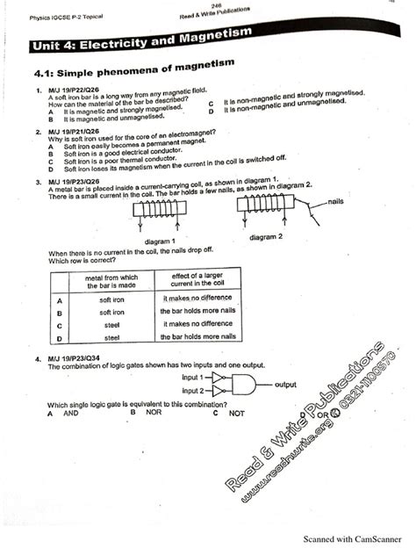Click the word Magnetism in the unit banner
(x=208, y=33)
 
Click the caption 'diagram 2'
(x=270, y=237)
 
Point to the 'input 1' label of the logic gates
(x=193, y=377)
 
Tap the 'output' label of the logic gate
(x=286, y=384)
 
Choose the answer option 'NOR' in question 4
(x=153, y=411)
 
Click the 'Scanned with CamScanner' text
(x=354, y=540)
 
